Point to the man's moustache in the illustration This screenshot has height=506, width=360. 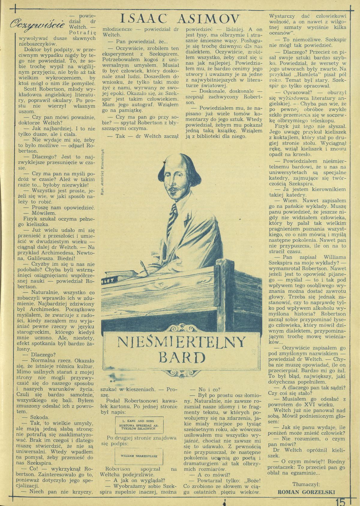point(175,186)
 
